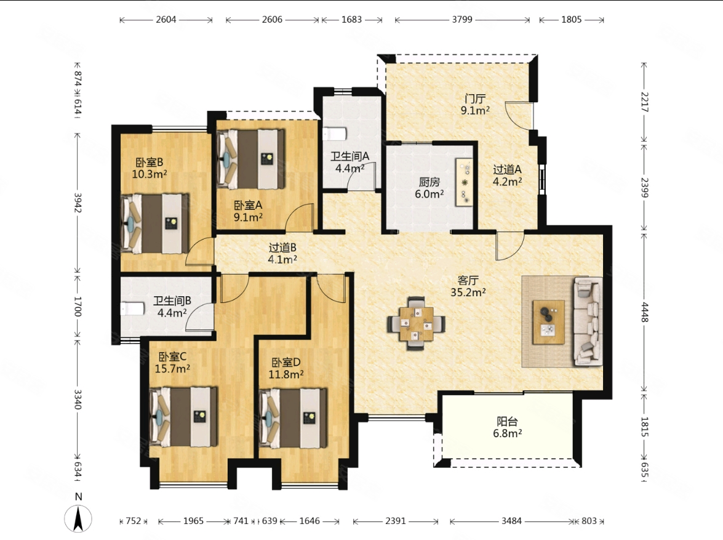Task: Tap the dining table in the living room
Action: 417,323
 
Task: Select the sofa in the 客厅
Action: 588,321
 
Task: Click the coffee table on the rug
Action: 549,321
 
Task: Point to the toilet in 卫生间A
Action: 335,134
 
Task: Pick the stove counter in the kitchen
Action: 464,182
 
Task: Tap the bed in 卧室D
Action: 294,418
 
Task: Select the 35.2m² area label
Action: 468,292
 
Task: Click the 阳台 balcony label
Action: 507,421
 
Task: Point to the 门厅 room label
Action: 475,99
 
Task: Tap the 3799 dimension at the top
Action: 462,19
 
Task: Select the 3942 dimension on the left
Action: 78,203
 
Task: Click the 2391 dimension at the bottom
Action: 396,521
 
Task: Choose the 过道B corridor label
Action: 282,248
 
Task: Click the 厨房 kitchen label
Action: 429,182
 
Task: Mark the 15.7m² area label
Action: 172,369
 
